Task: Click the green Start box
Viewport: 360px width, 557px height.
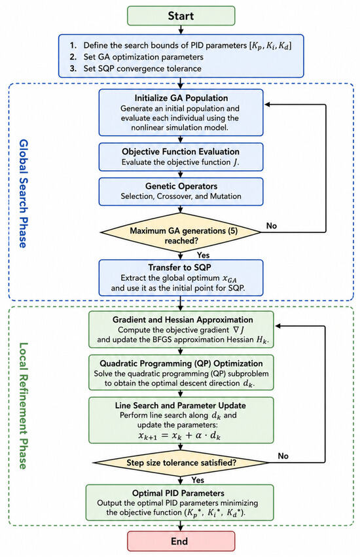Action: point(181,16)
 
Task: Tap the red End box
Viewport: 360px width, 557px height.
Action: point(181,541)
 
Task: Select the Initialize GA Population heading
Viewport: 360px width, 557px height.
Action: point(181,98)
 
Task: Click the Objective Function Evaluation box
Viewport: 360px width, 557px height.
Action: point(181,156)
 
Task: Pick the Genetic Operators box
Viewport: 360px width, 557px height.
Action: point(181,192)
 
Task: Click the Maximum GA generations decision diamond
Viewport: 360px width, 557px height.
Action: point(181,232)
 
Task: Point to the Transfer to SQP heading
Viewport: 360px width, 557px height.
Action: point(180,267)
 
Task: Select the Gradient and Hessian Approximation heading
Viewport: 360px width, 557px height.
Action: point(183,319)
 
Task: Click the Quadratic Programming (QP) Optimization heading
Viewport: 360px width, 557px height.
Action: point(181,363)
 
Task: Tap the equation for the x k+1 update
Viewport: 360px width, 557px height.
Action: point(179,435)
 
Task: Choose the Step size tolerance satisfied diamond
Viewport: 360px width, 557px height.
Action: point(181,463)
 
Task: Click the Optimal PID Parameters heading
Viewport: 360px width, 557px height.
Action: point(178,493)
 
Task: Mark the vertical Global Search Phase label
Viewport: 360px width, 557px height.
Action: point(23,193)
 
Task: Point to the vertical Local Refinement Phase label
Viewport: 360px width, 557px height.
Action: point(23,406)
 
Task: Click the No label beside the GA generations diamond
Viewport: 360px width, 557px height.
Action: point(272,226)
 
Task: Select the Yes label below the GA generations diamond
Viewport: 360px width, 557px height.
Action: point(204,255)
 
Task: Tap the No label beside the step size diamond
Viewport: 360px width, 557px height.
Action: point(283,456)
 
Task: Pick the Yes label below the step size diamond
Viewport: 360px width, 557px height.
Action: point(198,480)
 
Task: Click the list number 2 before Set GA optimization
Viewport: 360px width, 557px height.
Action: point(73,57)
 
